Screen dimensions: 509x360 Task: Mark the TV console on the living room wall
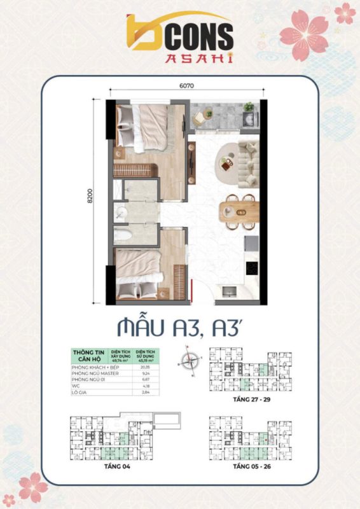[x=192, y=159]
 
